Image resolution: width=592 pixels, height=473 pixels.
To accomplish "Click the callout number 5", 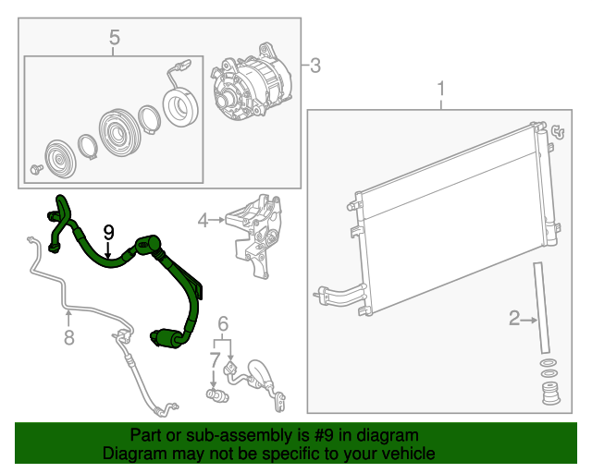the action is [115, 38].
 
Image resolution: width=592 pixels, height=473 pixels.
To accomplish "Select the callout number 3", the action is [315, 66].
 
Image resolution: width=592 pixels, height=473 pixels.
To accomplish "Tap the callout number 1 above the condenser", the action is [441, 89].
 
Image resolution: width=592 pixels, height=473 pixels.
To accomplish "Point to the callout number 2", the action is [514, 319].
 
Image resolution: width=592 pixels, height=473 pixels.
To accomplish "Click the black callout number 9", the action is [108, 233].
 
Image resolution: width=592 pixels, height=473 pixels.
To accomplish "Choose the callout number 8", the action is [68, 337].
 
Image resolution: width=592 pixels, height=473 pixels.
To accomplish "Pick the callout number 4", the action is [203, 220].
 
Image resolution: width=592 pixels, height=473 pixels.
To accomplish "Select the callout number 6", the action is [223, 324].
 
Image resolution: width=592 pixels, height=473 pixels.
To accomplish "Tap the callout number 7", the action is [215, 360].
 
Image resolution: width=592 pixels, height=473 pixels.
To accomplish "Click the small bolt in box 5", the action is [36, 169].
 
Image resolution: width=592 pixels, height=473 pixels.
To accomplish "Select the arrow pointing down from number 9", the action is [108, 250].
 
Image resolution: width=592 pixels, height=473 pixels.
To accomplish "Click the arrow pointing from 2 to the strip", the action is [529, 321].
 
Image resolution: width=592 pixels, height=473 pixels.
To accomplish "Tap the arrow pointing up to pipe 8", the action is [68, 318].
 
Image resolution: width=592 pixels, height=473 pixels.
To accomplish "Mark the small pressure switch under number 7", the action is [217, 394].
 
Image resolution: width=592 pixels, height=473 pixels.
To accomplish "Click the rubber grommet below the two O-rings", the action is [551, 394].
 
